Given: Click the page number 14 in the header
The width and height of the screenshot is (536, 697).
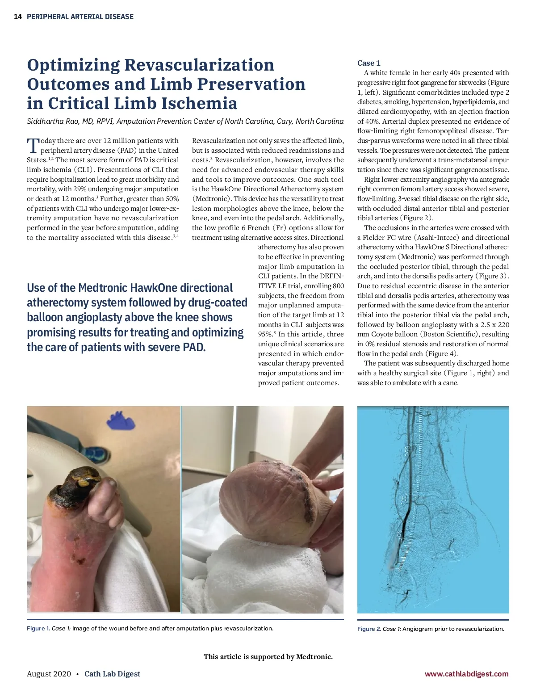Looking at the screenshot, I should pos(18,17).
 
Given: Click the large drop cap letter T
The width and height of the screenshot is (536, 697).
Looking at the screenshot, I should pos(33,145).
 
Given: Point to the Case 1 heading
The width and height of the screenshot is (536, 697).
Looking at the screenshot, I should pos(368,63).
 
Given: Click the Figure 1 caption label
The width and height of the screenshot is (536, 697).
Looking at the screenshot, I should pos(38,629).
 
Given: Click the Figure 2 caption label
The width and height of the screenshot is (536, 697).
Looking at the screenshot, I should pos(368,629).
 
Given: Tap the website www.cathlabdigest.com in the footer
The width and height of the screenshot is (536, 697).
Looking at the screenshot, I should pos(466,674).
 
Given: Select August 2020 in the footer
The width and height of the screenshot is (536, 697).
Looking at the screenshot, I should pos(49,674).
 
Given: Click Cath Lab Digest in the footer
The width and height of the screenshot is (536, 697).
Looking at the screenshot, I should pos(112,674).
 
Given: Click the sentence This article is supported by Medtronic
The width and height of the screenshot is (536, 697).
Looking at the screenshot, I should pos(268,656).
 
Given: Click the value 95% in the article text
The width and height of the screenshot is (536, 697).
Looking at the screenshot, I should pos(265,334).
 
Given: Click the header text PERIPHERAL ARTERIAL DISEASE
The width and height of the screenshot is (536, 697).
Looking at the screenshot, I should pos(80,17).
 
